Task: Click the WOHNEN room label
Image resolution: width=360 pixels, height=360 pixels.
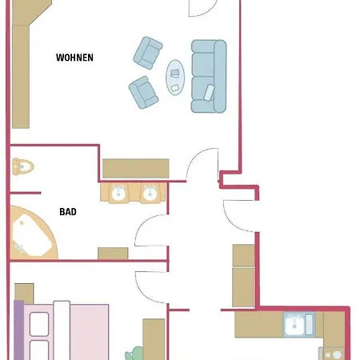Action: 74,58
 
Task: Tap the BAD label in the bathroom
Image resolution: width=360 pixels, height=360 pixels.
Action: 68,212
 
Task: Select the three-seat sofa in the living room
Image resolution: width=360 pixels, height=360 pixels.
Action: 208,76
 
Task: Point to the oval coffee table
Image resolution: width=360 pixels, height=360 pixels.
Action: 175,78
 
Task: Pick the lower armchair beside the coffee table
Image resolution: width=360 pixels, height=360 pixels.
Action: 143,92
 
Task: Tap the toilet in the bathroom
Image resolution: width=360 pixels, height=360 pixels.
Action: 23,166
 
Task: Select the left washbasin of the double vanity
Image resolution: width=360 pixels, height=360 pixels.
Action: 118,193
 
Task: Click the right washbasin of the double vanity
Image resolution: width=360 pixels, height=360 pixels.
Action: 149,193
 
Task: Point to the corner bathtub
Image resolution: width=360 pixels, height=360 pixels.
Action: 31,233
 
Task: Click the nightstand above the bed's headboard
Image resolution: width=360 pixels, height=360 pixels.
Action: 24,292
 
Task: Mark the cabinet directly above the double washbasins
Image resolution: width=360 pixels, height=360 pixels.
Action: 135,168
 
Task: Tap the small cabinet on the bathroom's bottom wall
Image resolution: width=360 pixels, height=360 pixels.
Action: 113,253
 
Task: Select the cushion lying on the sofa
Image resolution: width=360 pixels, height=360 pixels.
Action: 210,91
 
